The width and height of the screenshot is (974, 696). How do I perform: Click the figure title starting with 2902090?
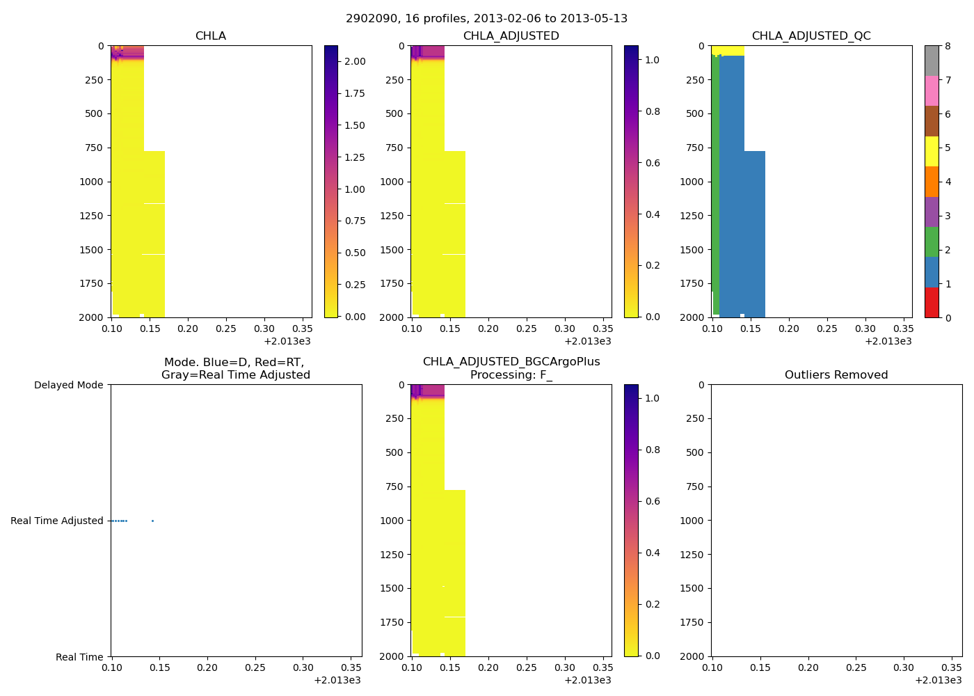point(486,19)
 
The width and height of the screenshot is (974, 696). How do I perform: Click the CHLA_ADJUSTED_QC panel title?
point(811,36)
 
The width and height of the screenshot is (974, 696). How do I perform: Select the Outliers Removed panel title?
point(836,375)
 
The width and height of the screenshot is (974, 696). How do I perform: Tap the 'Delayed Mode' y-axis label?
point(68,385)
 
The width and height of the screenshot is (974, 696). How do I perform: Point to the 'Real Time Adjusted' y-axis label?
point(56,521)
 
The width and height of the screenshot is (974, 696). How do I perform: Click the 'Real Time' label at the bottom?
point(79,657)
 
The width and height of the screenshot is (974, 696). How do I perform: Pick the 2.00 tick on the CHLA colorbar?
point(355,61)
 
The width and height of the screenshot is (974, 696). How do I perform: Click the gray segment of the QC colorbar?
point(932,61)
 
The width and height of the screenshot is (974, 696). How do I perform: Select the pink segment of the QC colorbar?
point(932,91)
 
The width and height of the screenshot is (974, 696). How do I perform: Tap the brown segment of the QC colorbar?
point(932,121)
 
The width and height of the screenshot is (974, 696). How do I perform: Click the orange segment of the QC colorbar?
point(932,182)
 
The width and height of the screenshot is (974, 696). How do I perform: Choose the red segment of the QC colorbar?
point(932,302)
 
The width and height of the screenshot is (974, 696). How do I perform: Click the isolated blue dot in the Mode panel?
point(152,521)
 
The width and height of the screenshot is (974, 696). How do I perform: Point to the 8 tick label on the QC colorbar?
point(948,46)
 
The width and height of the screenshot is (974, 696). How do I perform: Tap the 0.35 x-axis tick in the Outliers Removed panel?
point(951,667)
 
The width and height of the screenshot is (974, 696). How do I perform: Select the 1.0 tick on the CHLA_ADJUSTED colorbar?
point(652,60)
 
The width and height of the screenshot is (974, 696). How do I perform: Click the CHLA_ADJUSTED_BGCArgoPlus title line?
point(511,362)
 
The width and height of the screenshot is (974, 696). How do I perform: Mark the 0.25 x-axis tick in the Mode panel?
point(255,667)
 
